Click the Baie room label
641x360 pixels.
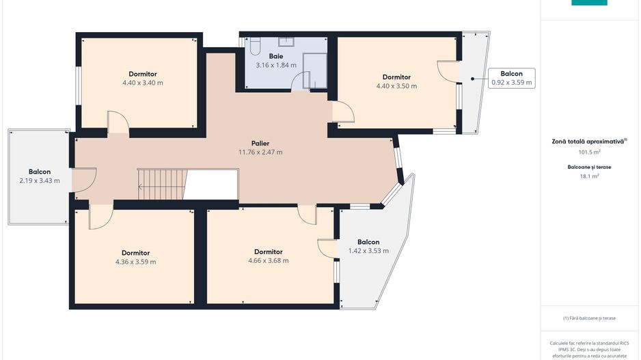pyautogui.click(x=276, y=56)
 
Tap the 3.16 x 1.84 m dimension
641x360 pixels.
pyautogui.click(x=276, y=65)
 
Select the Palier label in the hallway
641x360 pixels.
pyautogui.click(x=260, y=143)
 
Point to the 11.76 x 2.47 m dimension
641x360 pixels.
pyautogui.click(x=260, y=152)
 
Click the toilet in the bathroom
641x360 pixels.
pyautogui.click(x=255, y=46)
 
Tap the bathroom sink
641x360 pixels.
pyautogui.click(x=286, y=41)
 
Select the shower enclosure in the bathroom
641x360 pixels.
pyautogui.click(x=315, y=70)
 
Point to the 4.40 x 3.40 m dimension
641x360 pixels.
pyautogui.click(x=143, y=83)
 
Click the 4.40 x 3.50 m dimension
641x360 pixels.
pyautogui.click(x=396, y=86)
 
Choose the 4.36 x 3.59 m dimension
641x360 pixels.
pyautogui.click(x=136, y=262)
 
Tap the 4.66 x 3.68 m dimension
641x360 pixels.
pyautogui.click(x=268, y=261)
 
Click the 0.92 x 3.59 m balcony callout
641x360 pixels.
pyautogui.click(x=512, y=78)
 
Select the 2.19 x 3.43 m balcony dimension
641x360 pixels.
pyautogui.click(x=40, y=180)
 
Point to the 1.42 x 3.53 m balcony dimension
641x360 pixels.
pyautogui.click(x=368, y=251)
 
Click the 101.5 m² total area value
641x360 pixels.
pyautogui.click(x=589, y=152)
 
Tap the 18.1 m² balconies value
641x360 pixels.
pyautogui.click(x=589, y=176)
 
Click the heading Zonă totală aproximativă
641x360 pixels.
pyautogui.click(x=589, y=141)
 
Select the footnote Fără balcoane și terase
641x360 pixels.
pyautogui.click(x=589, y=318)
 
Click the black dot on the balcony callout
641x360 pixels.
pyautogui.click(x=473, y=79)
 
